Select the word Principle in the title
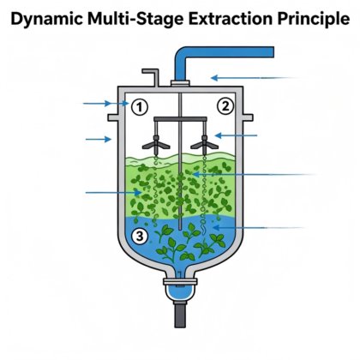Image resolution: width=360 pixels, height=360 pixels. coord(314,19)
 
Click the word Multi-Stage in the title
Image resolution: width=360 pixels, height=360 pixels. coord(135,19)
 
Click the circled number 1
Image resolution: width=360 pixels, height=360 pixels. coord(140,107)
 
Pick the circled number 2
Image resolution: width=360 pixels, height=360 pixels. coord(225,106)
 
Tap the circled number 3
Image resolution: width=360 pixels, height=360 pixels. coord(140,237)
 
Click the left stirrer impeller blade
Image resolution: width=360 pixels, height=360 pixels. coord(156,144)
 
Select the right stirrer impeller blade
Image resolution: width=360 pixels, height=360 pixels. coord(205,144)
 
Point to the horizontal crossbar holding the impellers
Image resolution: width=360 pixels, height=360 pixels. coord(180,118)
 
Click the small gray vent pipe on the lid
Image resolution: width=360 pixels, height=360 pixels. coord(151,76)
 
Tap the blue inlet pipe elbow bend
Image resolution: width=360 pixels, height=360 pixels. coord(182,54)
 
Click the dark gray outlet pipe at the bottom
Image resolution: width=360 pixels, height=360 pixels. coord(180,315)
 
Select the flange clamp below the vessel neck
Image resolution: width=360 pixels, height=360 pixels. coord(180,282)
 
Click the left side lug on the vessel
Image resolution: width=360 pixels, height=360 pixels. coord(113,117)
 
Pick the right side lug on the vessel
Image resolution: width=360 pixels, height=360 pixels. coord(248,117)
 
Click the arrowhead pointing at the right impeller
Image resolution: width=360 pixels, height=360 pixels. coord(218,135)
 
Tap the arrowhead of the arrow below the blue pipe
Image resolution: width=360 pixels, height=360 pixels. coord(214,77)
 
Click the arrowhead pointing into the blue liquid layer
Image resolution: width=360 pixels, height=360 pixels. coord(216,228)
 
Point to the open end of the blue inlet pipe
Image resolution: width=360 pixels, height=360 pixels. coord(273,52)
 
